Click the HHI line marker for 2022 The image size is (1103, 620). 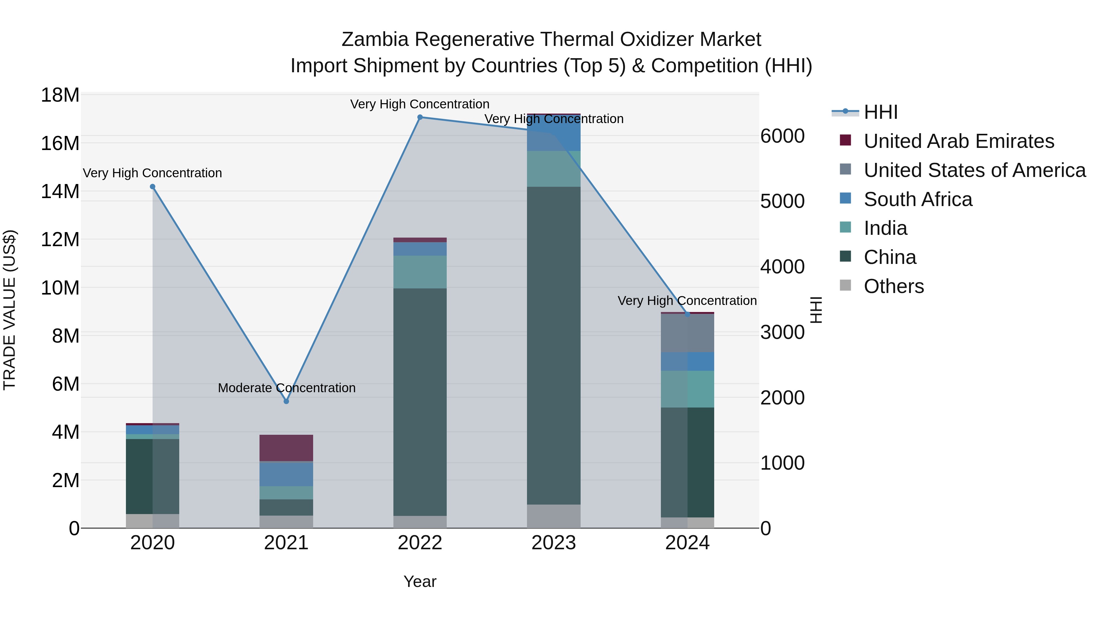click(420, 117)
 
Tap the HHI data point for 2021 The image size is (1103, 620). click(286, 401)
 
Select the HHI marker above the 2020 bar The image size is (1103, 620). click(153, 186)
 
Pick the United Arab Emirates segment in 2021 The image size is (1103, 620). click(286, 448)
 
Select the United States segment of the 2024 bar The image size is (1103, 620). click(687, 333)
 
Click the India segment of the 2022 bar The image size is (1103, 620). click(420, 272)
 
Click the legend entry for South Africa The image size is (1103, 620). click(918, 199)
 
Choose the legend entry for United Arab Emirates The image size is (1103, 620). click(959, 141)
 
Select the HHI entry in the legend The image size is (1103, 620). click(880, 112)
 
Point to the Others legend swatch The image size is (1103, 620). click(845, 285)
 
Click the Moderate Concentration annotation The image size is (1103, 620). click(286, 388)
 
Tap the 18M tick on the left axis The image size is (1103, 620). click(60, 95)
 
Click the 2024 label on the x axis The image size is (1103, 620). click(687, 543)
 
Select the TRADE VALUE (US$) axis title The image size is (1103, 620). click(10, 310)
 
